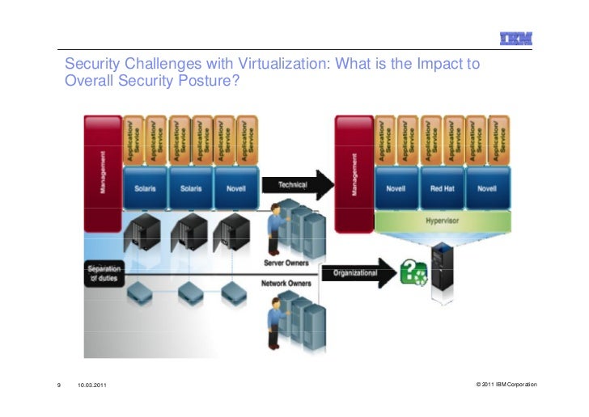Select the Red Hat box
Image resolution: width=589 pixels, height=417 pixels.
pyautogui.click(x=441, y=188)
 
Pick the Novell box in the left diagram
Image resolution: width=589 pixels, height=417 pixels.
pyautogui.click(x=235, y=188)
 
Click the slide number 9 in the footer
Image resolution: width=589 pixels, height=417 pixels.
pyautogui.click(x=59, y=385)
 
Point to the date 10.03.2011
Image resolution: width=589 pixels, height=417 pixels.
pyautogui.click(x=91, y=385)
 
